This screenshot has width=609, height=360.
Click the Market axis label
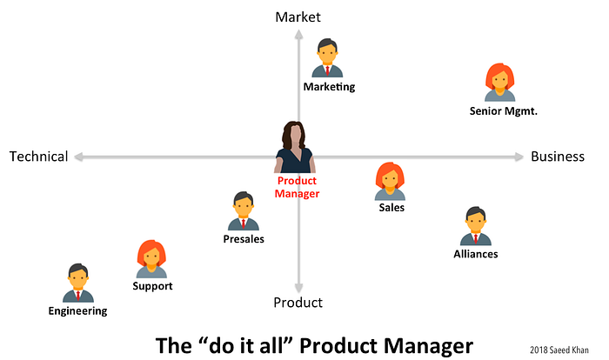[x=298, y=17]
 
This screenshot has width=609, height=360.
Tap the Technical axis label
[x=39, y=157]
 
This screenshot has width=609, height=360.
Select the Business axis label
[x=558, y=157]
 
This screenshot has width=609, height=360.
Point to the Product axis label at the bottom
[x=298, y=303]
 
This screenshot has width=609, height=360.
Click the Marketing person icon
[x=327, y=58]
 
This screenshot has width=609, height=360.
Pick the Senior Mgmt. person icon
[x=500, y=83]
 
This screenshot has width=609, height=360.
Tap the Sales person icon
[x=390, y=182]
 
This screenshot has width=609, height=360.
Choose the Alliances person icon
[x=476, y=226]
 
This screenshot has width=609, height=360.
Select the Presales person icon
[x=243, y=211]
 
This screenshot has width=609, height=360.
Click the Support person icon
[x=151, y=259]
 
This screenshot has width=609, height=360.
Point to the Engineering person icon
[x=78, y=283]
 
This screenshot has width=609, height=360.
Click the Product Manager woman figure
[x=295, y=147]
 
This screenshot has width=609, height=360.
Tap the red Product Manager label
[x=298, y=187]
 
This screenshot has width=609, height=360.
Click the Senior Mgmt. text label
[x=504, y=111]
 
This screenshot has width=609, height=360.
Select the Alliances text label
[x=476, y=254]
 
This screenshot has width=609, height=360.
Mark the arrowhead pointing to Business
[x=519, y=157]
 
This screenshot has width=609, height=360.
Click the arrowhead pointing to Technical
[x=78, y=157]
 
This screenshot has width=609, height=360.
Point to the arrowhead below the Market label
[x=298, y=35]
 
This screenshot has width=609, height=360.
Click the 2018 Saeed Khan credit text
[x=559, y=350]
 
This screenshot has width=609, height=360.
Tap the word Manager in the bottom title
[x=428, y=346]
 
